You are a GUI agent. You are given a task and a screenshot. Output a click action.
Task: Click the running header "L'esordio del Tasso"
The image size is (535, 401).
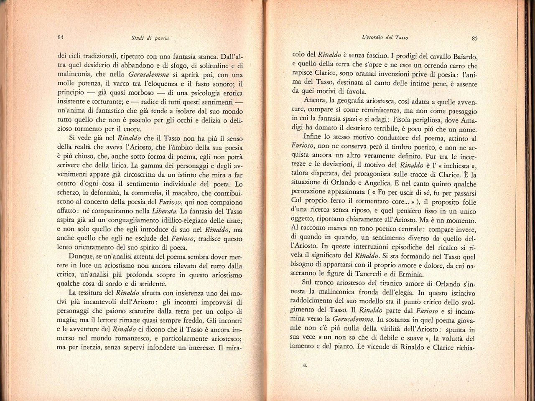pyautogui.click(x=384, y=38)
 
